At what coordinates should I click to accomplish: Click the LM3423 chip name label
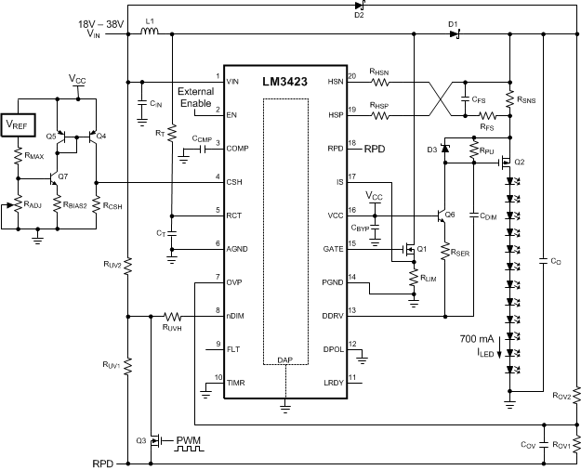(x=285, y=82)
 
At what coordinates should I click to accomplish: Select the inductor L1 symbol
(x=149, y=36)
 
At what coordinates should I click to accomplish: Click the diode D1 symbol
(x=454, y=36)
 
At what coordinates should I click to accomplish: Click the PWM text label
(x=192, y=437)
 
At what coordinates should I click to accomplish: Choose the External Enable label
(x=195, y=98)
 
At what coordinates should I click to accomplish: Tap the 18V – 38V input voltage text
(x=99, y=20)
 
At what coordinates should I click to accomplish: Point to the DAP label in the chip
(x=285, y=359)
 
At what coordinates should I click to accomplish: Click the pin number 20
(x=351, y=75)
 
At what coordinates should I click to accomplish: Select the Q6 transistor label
(x=450, y=215)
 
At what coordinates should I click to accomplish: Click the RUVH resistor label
(x=172, y=327)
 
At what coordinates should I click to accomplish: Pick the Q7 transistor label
(x=63, y=176)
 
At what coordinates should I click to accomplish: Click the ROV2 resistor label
(x=561, y=397)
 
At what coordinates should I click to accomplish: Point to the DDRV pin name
(x=331, y=317)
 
